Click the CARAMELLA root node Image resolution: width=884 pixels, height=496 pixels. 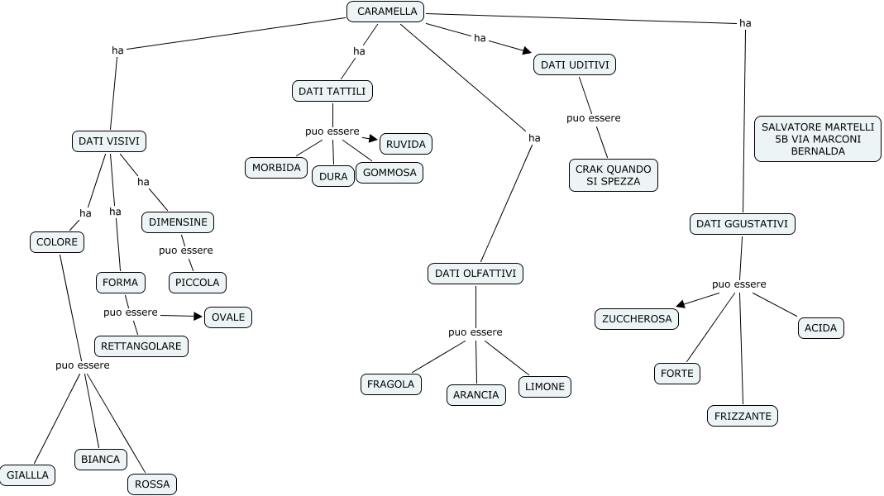385,12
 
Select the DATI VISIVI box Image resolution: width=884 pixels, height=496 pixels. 109,141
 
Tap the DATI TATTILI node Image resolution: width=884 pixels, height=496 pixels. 332,90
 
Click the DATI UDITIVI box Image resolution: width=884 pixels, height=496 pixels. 575,64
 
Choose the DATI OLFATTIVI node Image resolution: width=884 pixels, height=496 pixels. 475,273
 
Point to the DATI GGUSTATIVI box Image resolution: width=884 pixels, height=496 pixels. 742,223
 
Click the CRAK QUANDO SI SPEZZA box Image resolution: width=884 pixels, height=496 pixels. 614,174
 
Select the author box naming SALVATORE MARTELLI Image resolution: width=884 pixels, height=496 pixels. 817,139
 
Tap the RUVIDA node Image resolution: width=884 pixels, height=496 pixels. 406,144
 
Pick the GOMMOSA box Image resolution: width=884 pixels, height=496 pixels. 389,173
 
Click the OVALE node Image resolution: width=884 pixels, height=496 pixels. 228,317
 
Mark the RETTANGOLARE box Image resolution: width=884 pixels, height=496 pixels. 141,346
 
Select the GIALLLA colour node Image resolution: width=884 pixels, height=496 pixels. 28,475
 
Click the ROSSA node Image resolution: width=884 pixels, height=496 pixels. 152,484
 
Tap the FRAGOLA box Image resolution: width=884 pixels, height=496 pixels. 391,384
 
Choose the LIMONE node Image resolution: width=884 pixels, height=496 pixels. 545,386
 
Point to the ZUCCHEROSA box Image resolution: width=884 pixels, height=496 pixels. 637,318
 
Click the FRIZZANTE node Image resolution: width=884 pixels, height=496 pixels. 743,416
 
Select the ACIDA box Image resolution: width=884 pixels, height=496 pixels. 821,327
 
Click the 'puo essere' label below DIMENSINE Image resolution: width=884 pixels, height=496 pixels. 186,250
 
